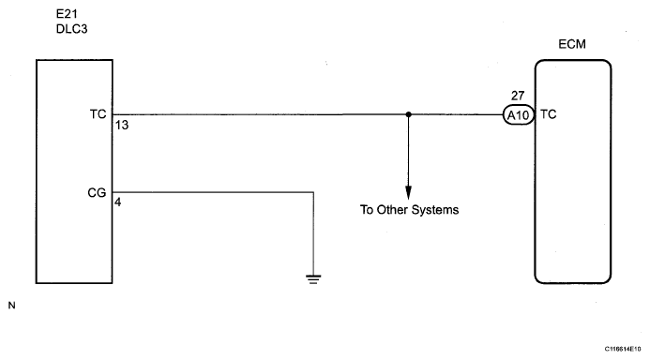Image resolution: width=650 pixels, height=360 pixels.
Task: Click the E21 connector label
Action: [67, 14]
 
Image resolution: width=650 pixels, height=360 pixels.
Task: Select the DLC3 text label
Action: [71, 29]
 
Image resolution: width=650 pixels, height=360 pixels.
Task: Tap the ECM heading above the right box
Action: [572, 44]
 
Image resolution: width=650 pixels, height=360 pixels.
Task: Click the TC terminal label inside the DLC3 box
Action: [98, 114]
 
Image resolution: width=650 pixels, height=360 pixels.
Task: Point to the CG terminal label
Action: [97, 192]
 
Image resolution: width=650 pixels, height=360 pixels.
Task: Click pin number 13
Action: [122, 125]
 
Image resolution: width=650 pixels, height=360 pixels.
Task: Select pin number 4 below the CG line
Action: [118, 202]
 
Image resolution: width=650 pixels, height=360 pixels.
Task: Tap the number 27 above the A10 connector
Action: [518, 96]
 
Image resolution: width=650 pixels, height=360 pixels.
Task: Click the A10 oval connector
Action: [519, 114]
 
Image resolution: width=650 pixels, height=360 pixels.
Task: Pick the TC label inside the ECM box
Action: [549, 114]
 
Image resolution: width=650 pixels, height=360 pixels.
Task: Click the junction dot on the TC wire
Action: [408, 114]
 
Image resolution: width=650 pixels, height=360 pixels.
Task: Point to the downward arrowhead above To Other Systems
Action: [408, 192]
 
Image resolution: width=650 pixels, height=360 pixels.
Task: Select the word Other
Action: [392, 210]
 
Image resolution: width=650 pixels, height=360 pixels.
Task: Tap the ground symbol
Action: [313, 279]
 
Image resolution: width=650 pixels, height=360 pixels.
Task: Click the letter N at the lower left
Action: [11, 306]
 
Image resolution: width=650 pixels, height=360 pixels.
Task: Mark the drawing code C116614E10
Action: [622, 350]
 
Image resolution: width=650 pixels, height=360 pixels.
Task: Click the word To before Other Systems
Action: [367, 210]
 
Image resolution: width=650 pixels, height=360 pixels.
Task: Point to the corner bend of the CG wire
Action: [313, 192]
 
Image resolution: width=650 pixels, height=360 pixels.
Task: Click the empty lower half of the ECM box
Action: [573, 232]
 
